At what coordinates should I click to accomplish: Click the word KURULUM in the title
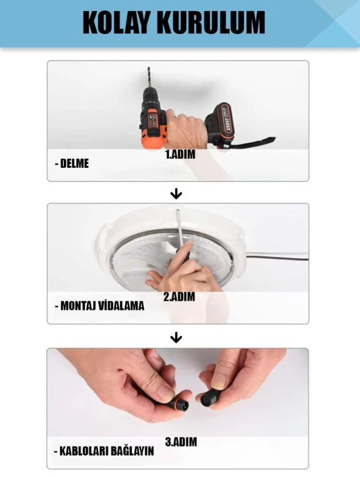click(x=211, y=22)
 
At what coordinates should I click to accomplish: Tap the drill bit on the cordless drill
click(x=149, y=78)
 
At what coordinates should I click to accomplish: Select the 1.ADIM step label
click(x=181, y=154)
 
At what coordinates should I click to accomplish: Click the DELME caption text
click(x=72, y=163)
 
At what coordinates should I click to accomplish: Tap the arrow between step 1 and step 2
click(x=176, y=194)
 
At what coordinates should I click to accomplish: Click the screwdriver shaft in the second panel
click(x=181, y=228)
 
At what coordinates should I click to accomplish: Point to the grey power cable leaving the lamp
click(x=277, y=258)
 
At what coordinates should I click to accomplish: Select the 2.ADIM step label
click(x=179, y=297)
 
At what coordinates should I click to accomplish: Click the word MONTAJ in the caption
click(x=77, y=306)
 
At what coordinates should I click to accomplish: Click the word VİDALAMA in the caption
click(x=120, y=306)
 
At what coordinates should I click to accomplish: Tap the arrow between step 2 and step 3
click(x=176, y=338)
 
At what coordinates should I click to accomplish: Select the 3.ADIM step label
click(x=181, y=442)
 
